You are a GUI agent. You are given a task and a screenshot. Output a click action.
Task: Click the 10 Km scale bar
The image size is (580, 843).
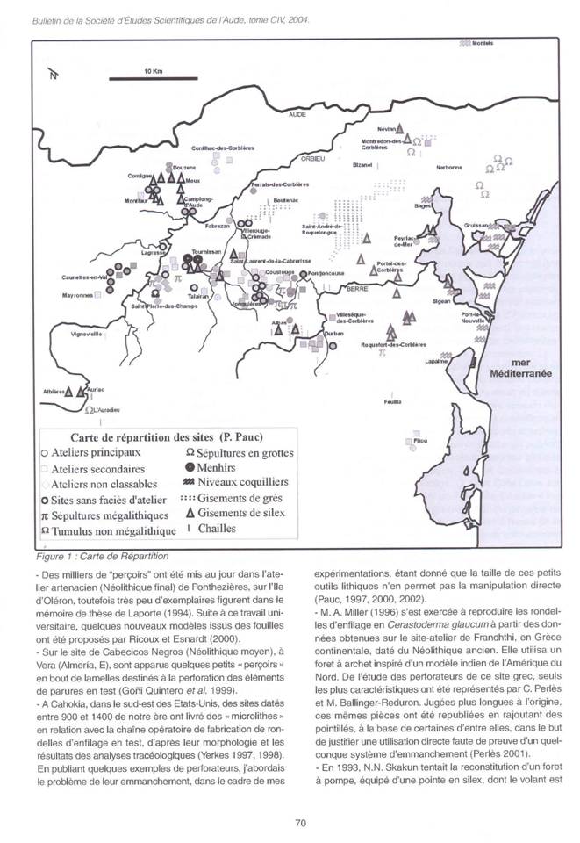pos(144,79)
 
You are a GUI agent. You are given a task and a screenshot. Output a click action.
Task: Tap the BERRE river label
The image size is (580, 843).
pos(356,288)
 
